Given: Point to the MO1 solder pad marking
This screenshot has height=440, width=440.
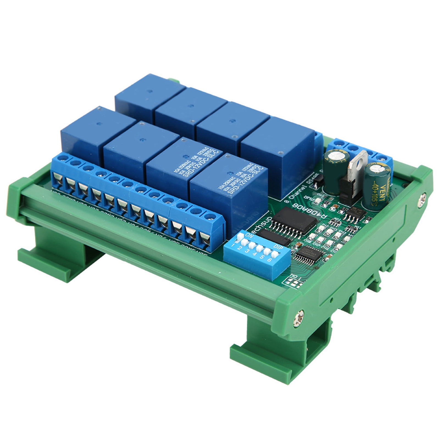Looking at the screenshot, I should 293,282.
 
